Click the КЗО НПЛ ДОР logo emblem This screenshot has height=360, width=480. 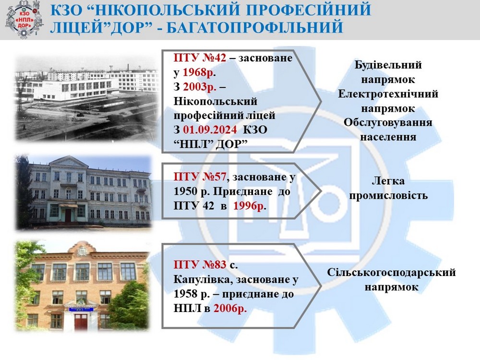[x=24, y=19]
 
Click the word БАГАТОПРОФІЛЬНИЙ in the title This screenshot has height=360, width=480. [x=255, y=26]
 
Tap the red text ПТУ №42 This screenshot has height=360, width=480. [x=200, y=58]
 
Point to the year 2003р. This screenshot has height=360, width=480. [x=200, y=86]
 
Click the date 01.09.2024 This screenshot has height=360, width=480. [x=210, y=130]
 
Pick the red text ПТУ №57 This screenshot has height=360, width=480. [x=200, y=177]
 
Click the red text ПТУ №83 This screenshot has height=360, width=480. [x=200, y=264]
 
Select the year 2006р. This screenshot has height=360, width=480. [x=230, y=308]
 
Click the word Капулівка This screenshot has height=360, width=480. [x=203, y=279]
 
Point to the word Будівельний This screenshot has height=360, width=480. [x=388, y=65]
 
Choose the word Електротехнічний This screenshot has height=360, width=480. [x=388, y=94]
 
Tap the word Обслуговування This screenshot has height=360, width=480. [x=388, y=122]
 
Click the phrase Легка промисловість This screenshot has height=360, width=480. [x=388, y=188]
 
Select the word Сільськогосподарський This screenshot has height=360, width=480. [x=391, y=272]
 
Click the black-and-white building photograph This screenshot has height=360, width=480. [x=87, y=98]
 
